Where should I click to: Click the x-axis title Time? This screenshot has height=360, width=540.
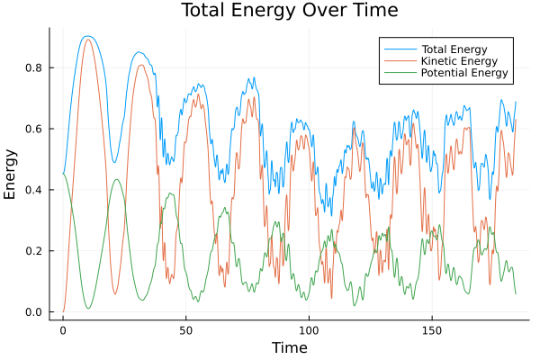pos(289,347)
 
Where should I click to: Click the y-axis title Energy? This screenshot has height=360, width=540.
pos(12,174)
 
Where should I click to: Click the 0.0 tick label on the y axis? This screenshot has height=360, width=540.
pos(34,312)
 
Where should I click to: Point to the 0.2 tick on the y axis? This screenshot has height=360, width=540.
pos(34,251)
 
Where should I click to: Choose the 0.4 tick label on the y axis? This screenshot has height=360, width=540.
pos(34,190)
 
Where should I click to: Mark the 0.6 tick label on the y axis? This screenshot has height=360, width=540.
pos(34,129)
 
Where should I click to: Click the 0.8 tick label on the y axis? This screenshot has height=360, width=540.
pos(34,67)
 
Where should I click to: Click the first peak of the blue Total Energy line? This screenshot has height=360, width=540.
pos(87,36)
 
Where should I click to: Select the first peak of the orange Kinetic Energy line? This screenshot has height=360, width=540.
pos(87,39)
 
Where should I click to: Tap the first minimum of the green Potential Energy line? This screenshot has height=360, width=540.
pos(88,309)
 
